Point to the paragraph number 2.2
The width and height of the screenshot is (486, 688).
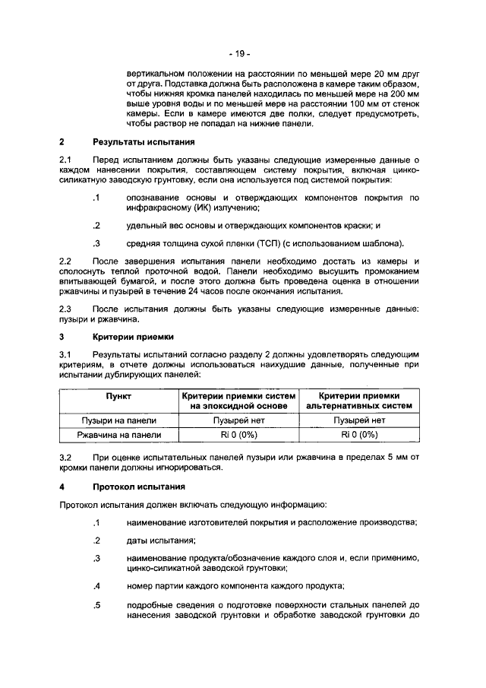pos(65,261)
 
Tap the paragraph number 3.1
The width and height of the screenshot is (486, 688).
pos(65,355)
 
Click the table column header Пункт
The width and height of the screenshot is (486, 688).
pos(118,396)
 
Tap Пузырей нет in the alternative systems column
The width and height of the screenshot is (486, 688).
pos(358,420)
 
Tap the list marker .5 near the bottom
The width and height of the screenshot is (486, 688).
pos(96,606)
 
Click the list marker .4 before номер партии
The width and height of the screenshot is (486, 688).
pos(96,585)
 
